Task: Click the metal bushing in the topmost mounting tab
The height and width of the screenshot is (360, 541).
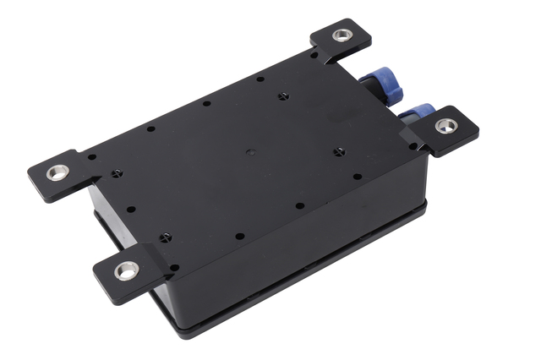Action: (342, 35)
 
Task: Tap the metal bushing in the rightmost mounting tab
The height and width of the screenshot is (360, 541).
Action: (446, 126)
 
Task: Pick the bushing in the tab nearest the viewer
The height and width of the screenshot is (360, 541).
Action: (127, 270)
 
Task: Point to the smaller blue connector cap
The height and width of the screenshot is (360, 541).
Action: (420, 112)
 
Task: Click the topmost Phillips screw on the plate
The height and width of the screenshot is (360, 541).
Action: (282, 95)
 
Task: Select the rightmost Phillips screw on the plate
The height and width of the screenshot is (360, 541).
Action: (339, 152)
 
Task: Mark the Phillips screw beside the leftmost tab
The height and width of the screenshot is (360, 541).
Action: (117, 173)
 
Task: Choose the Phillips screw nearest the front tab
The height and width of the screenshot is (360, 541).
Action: (166, 237)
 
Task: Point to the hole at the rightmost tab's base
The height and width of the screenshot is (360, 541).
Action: (413, 145)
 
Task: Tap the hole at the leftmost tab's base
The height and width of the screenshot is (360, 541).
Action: (91, 156)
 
